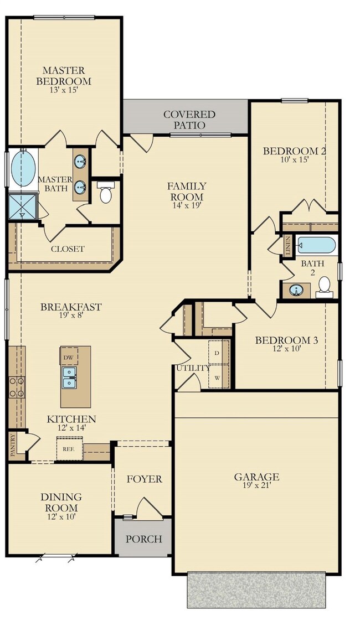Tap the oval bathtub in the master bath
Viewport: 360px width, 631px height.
coord(23,168)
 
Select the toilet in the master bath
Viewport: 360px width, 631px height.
coord(106,193)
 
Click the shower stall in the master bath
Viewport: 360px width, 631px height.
coord(23,206)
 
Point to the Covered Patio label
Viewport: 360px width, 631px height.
coord(189,120)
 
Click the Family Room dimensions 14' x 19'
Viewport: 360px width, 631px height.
coord(187,205)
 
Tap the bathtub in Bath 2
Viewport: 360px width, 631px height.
coord(316,245)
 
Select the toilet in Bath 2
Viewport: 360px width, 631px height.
coord(324,287)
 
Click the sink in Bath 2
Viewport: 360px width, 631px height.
coord(297,290)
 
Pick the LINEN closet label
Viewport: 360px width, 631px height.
coord(287,246)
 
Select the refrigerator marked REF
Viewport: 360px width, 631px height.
coord(70,448)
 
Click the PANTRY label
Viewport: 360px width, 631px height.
coord(13,444)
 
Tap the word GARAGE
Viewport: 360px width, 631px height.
coord(256,477)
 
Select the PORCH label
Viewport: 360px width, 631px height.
coord(144,539)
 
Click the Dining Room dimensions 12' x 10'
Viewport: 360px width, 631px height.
coord(61,516)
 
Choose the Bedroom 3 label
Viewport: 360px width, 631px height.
coord(286,340)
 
